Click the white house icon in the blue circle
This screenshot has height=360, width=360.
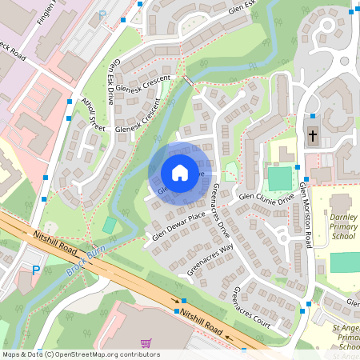pos(180,173)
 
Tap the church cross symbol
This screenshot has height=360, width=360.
pos(313,134)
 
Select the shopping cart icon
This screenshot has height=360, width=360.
pos(146,343)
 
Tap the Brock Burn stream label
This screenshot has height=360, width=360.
pos(87,262)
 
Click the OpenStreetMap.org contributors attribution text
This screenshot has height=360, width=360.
pos(80,354)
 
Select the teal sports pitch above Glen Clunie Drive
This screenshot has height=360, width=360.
pos(280,178)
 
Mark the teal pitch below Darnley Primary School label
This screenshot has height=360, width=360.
pos(345,262)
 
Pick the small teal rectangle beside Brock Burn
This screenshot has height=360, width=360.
pos(109,226)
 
